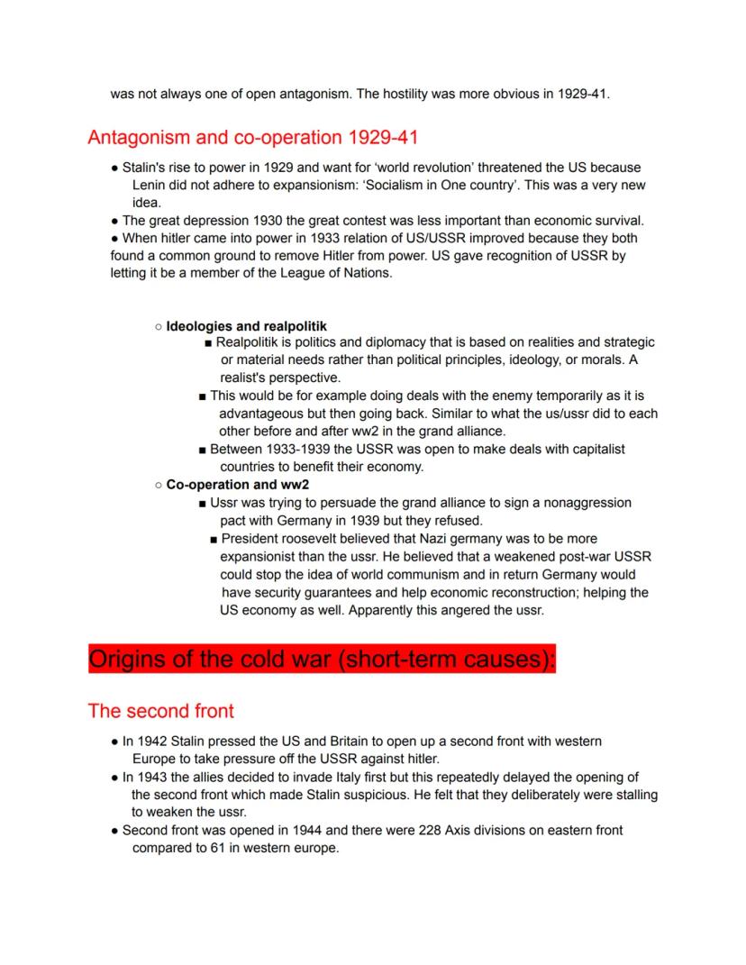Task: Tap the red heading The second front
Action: pyautogui.click(x=160, y=711)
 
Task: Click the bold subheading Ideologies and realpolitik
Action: pyautogui.click(x=246, y=325)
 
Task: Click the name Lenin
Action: pyautogui.click(x=151, y=186)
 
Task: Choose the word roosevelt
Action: pyautogui.click(x=314, y=539)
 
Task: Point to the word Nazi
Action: pyautogui.click(x=454, y=539)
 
